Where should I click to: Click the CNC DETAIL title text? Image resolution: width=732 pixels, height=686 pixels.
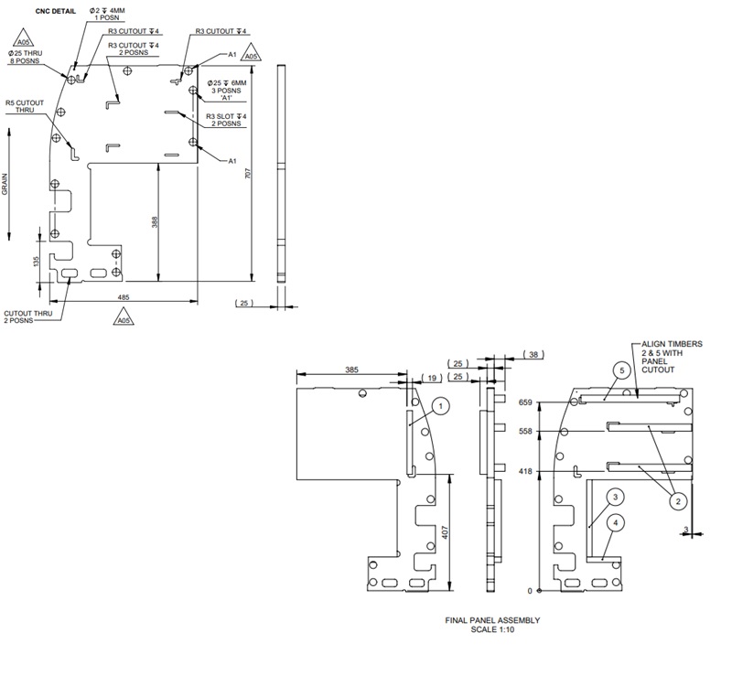click(55, 12)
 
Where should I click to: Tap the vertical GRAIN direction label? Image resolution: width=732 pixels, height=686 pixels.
click(5, 187)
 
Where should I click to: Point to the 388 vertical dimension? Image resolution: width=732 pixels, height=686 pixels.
click(155, 222)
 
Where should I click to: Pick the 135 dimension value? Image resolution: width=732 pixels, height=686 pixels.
click(36, 262)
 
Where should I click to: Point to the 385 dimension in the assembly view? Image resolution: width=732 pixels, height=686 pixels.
click(351, 370)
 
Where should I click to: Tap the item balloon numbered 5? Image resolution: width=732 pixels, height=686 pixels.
click(621, 370)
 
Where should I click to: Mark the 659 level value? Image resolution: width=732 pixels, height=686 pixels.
click(524, 402)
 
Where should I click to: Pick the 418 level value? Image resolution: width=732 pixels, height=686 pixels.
click(524, 472)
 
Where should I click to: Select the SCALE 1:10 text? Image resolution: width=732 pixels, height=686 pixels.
click(492, 629)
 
